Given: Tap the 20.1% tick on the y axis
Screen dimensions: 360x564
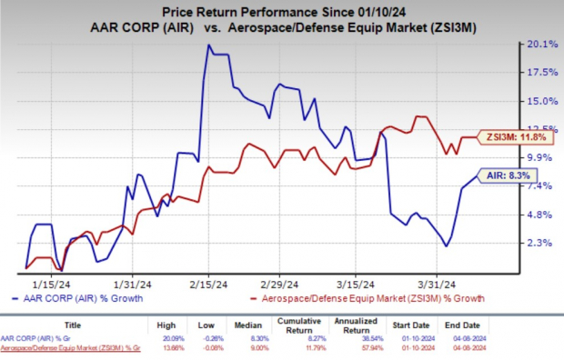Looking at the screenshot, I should click(x=542, y=44).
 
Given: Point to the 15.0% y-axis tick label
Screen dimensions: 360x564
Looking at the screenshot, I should click(x=542, y=100).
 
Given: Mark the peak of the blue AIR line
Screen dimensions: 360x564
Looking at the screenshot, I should click(x=209, y=45).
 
